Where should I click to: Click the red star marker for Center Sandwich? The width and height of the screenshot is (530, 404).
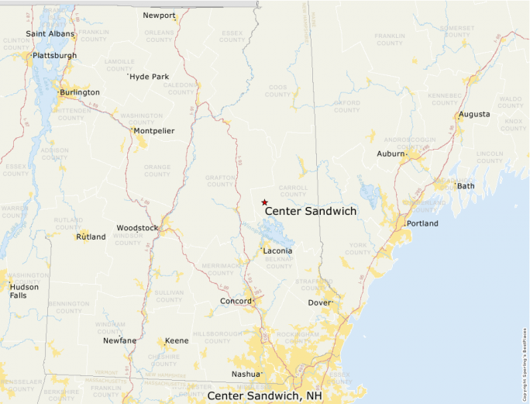pyautogui.click(x=264, y=202)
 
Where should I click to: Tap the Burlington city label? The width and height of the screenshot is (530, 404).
pyautogui.click(x=81, y=92)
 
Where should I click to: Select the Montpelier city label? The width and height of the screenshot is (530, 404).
pyautogui.click(x=154, y=131)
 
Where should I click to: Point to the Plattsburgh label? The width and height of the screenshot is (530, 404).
pyautogui.click(x=55, y=56)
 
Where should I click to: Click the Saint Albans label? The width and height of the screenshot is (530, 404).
pyautogui.click(x=50, y=34)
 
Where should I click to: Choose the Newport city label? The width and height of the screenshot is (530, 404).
pyautogui.click(x=160, y=16)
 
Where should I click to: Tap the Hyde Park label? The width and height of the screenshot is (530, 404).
pyautogui.click(x=150, y=77)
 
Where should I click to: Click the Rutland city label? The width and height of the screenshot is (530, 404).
pyautogui.click(x=91, y=237)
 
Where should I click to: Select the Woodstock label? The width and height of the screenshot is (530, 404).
pyautogui.click(x=136, y=228)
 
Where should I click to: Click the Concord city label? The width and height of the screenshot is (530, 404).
pyautogui.click(x=236, y=301)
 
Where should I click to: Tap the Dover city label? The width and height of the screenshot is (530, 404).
pyautogui.click(x=319, y=302)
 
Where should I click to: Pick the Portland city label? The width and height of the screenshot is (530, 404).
pyautogui.click(x=422, y=223)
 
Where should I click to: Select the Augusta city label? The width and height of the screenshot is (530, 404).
pyautogui.click(x=474, y=114)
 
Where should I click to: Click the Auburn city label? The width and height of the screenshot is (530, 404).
pyautogui.click(x=391, y=154)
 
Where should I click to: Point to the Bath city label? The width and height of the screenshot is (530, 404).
pyautogui.click(x=466, y=186)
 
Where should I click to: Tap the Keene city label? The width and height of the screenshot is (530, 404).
pyautogui.click(x=177, y=340)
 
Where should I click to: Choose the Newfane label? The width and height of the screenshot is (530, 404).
pyautogui.click(x=121, y=340)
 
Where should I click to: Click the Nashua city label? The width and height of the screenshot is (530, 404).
pyautogui.click(x=246, y=375)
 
